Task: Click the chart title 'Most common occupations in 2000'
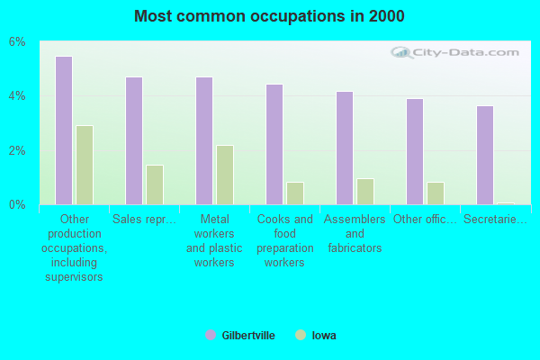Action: pos(269,16)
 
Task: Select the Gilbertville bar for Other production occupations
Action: pos(64,130)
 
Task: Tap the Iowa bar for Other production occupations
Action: pos(85,165)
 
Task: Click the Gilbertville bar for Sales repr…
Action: pos(134,140)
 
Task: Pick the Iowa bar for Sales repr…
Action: pos(155,184)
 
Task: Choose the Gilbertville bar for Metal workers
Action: pos(204,140)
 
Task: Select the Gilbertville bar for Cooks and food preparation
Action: pos(274,144)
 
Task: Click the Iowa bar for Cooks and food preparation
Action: pos(295,193)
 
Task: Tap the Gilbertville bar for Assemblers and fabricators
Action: pos(345,148)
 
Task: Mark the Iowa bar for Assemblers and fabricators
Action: pos(365,192)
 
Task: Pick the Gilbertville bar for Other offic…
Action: pos(415,151)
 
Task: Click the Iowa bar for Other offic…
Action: pos(436,193)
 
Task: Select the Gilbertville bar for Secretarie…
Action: pos(485,155)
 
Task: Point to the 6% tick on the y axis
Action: pos(18,42)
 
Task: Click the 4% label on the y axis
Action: pos(18,96)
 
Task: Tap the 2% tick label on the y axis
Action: pos(18,150)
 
